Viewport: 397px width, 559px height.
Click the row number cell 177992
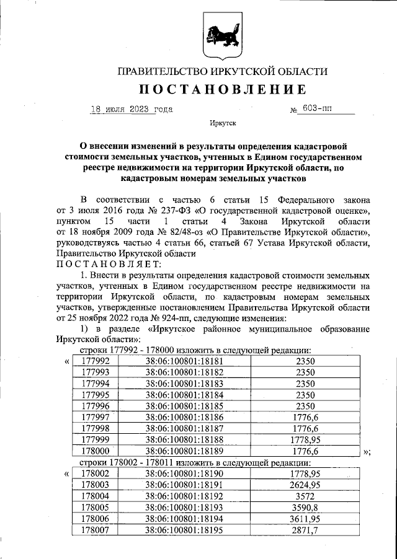point(96,361)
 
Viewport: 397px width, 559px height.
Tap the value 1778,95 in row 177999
point(305,439)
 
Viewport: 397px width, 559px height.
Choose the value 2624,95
point(305,485)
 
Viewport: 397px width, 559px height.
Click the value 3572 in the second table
point(305,496)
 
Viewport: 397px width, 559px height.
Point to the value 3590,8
point(305,507)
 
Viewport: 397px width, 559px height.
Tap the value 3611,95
point(305,518)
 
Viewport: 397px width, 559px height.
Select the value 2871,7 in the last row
point(305,530)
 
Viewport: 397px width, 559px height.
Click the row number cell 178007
point(96,530)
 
